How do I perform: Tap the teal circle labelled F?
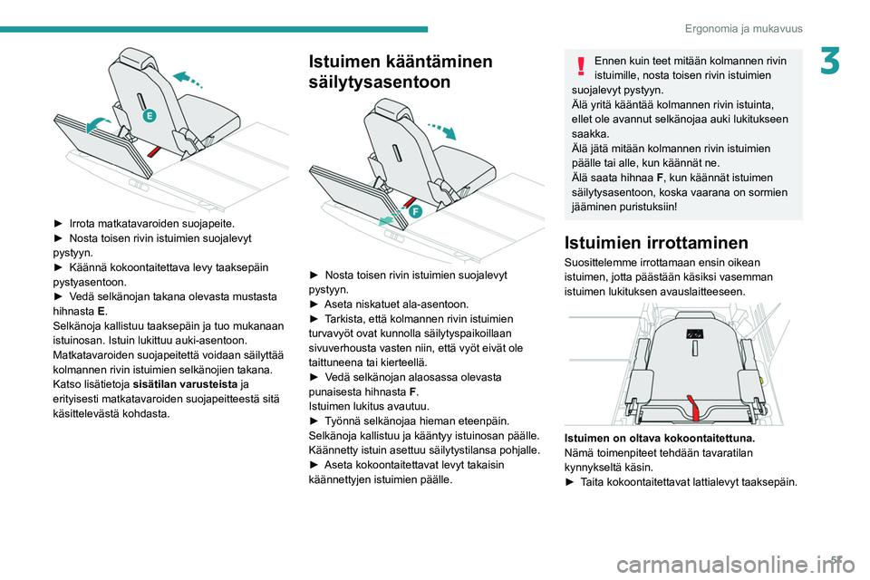[x=415, y=210]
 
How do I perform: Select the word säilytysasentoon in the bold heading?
[x=380, y=82]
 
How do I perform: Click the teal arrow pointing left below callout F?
[x=387, y=220]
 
